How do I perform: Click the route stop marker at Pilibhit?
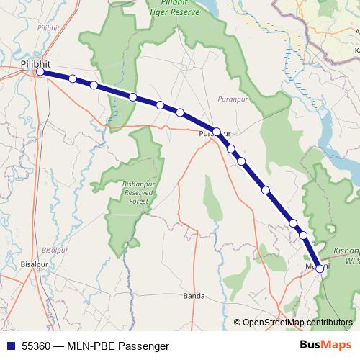40,72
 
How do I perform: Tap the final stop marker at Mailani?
320,269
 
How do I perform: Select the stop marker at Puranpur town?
216,132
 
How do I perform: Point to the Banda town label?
194,296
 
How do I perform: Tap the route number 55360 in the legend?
35,346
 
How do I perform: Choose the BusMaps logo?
328,346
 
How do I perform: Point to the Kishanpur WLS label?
346,256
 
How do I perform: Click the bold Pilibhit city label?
36,64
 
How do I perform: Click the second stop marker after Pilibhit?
94,85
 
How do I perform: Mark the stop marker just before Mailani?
303,235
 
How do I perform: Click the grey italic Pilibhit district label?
50,27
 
